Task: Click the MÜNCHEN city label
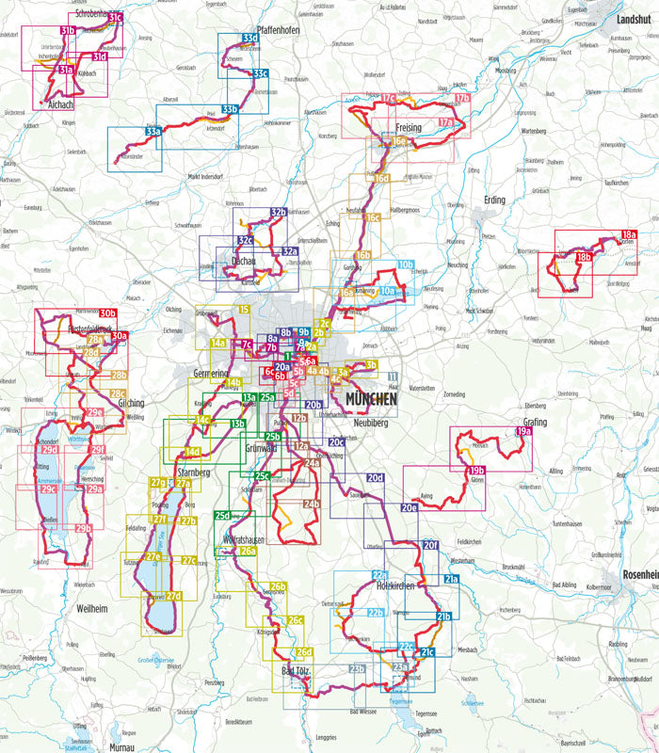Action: (x=372, y=398)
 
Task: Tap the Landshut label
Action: (x=634, y=19)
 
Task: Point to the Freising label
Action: (x=408, y=127)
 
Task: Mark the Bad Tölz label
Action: (x=300, y=670)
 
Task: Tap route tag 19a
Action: (x=523, y=432)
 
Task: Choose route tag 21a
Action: (x=451, y=579)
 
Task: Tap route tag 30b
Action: (x=107, y=313)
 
